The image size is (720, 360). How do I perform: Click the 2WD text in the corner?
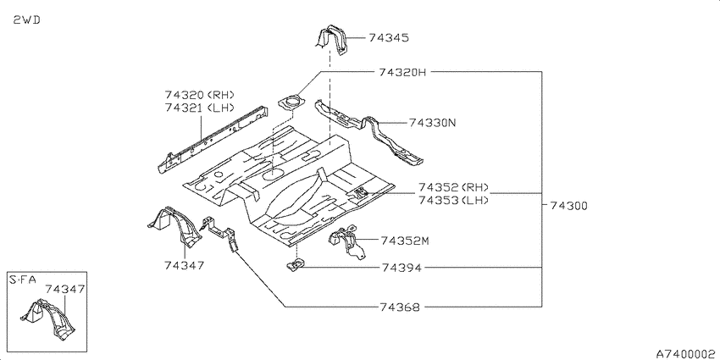click(26, 20)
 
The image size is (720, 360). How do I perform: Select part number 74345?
click(389, 38)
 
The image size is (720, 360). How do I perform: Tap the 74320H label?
click(402, 73)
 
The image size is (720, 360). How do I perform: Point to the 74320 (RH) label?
click(200, 95)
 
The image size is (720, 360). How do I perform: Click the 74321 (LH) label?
click(200, 108)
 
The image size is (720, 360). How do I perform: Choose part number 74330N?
click(433, 123)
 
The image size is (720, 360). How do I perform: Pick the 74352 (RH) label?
click(453, 187)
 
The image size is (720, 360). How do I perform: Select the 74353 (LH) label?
click(453, 201)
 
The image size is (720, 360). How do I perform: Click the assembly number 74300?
click(568, 206)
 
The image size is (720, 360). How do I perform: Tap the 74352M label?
click(405, 241)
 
